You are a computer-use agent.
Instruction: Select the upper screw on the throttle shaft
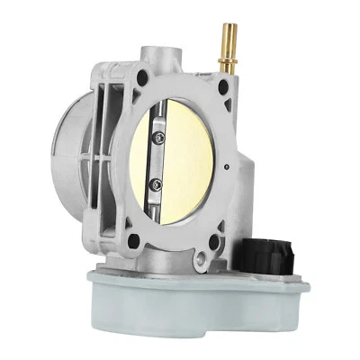(159, 136)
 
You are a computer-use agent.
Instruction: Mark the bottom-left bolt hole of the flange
(132, 240)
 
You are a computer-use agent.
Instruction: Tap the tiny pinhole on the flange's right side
(231, 166)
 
